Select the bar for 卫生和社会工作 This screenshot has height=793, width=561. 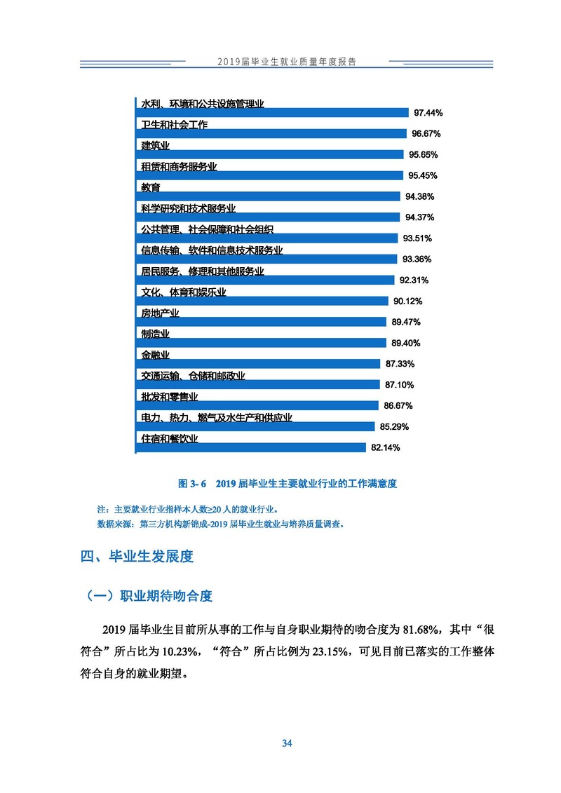click(270, 133)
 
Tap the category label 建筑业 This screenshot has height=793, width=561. click(155, 146)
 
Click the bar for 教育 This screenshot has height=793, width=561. click(266, 196)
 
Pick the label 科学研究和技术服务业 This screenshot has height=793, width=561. click(188, 208)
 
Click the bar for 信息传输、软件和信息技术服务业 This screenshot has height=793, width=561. click(264, 259)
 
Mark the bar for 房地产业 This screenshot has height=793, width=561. click(260, 322)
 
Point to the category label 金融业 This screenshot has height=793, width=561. click(155, 355)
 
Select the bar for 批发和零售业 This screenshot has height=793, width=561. click(255, 405)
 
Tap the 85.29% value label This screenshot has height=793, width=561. click(394, 426)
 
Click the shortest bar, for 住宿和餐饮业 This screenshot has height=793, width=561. click(250, 447)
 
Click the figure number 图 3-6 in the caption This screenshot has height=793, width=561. click(193, 483)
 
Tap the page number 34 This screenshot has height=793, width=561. click(286, 743)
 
